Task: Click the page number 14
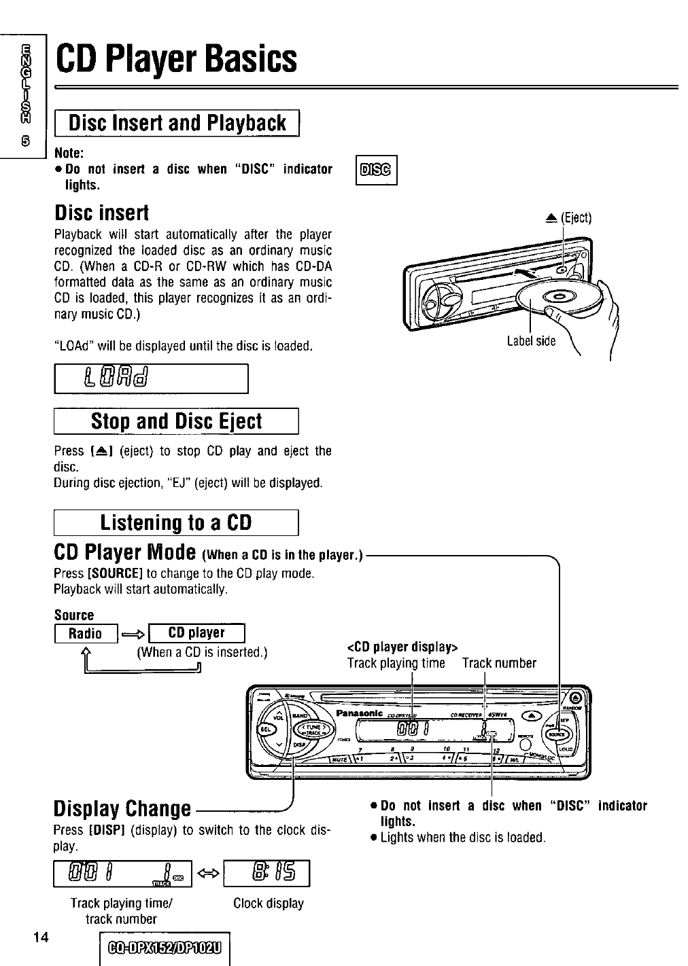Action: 40,937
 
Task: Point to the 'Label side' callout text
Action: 531,341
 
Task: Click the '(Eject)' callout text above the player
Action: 577,217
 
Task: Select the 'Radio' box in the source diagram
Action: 86,634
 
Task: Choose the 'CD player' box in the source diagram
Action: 196,633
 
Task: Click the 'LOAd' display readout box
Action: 151,378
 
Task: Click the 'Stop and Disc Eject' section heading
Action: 176,422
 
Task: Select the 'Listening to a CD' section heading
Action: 176,522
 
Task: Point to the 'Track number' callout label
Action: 499,663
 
